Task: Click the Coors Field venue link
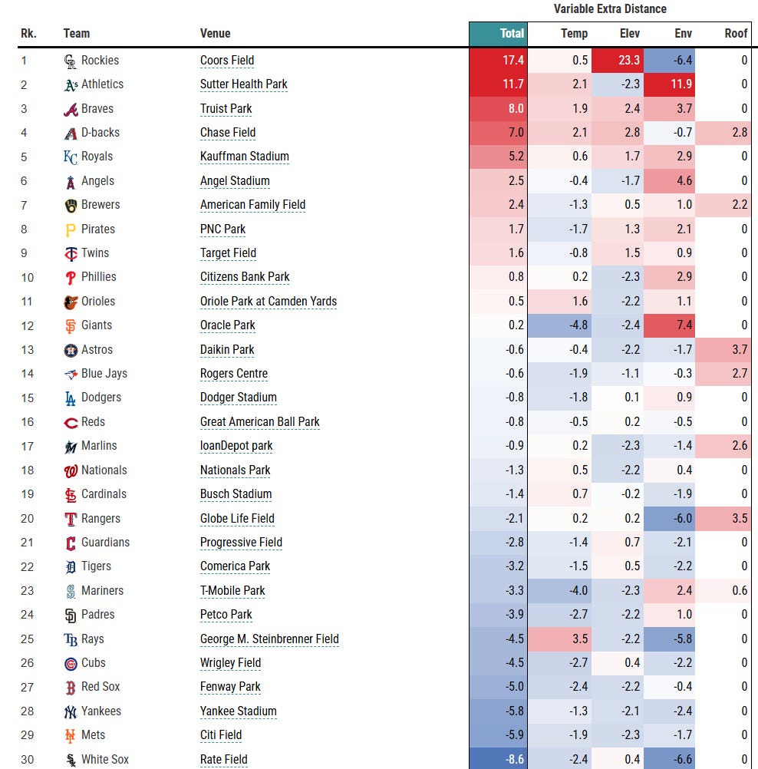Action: click(227, 61)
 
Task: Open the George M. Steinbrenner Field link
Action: click(269, 639)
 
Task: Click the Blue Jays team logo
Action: click(71, 374)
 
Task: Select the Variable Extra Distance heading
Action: click(610, 9)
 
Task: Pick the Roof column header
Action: click(736, 33)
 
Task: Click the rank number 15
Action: click(28, 398)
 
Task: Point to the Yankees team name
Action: click(101, 711)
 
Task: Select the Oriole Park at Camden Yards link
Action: click(269, 302)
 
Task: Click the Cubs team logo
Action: click(71, 663)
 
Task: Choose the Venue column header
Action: click(216, 33)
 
